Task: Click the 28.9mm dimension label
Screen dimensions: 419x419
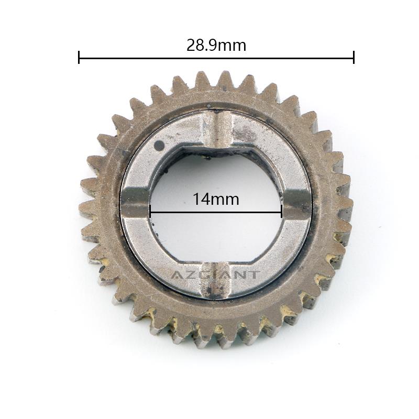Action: click(x=216, y=46)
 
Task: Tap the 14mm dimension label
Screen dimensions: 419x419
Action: click(x=216, y=200)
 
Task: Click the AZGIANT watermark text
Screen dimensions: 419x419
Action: click(x=215, y=274)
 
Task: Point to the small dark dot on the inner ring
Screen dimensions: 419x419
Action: click(x=160, y=146)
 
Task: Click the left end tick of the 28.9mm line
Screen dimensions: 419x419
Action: click(x=79, y=57)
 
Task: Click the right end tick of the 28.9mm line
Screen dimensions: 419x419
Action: click(x=354, y=57)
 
